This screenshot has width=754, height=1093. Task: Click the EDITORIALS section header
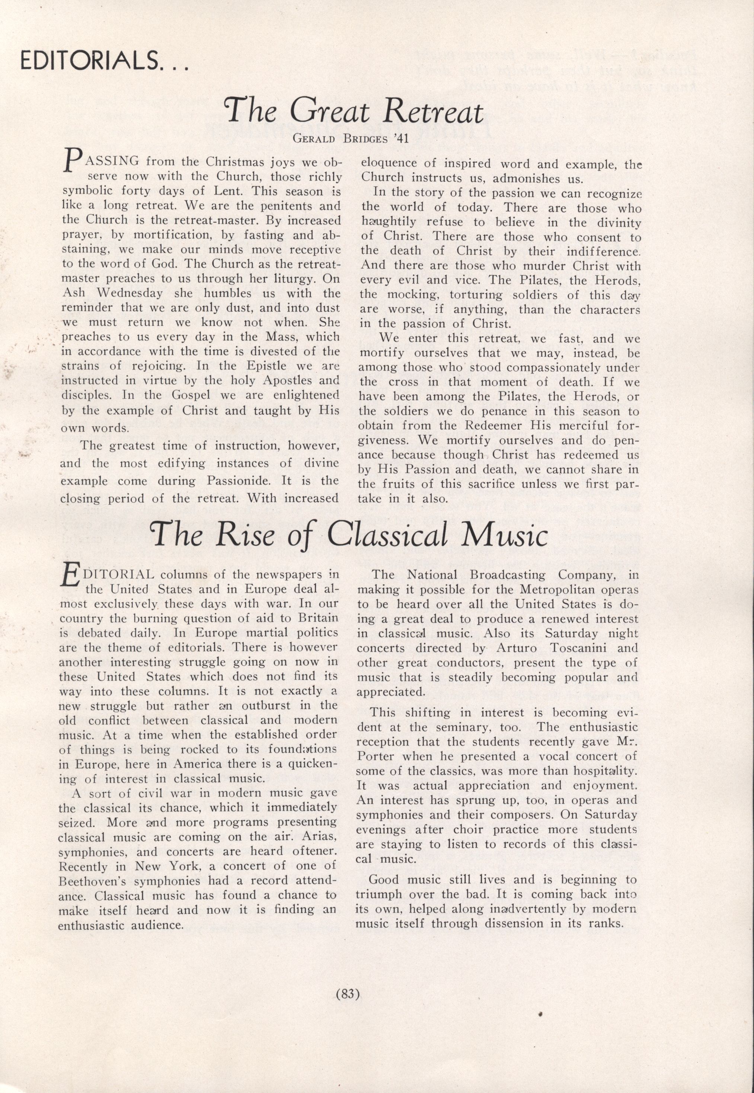[104, 61]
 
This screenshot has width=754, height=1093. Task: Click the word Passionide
[240, 481]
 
